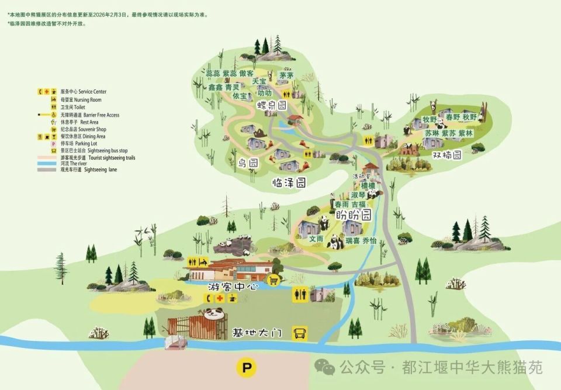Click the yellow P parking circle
pyautogui.click(x=247, y=368)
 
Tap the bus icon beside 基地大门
pyautogui.click(x=300, y=333)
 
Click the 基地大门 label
pyautogui.click(x=258, y=333)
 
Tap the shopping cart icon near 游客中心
pyautogui.click(x=272, y=281)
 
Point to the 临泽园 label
pyautogui.click(x=289, y=183)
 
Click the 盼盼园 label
pyautogui.click(x=353, y=215)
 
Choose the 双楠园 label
pyautogui.click(x=447, y=155)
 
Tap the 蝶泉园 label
pyautogui.click(x=273, y=106)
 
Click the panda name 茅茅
pyautogui.click(x=286, y=75)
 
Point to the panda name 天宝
pyautogui.click(x=259, y=81)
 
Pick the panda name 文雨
pyautogui.click(x=316, y=239)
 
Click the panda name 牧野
pyautogui.click(x=430, y=119)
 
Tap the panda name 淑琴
pyautogui.click(x=358, y=194)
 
